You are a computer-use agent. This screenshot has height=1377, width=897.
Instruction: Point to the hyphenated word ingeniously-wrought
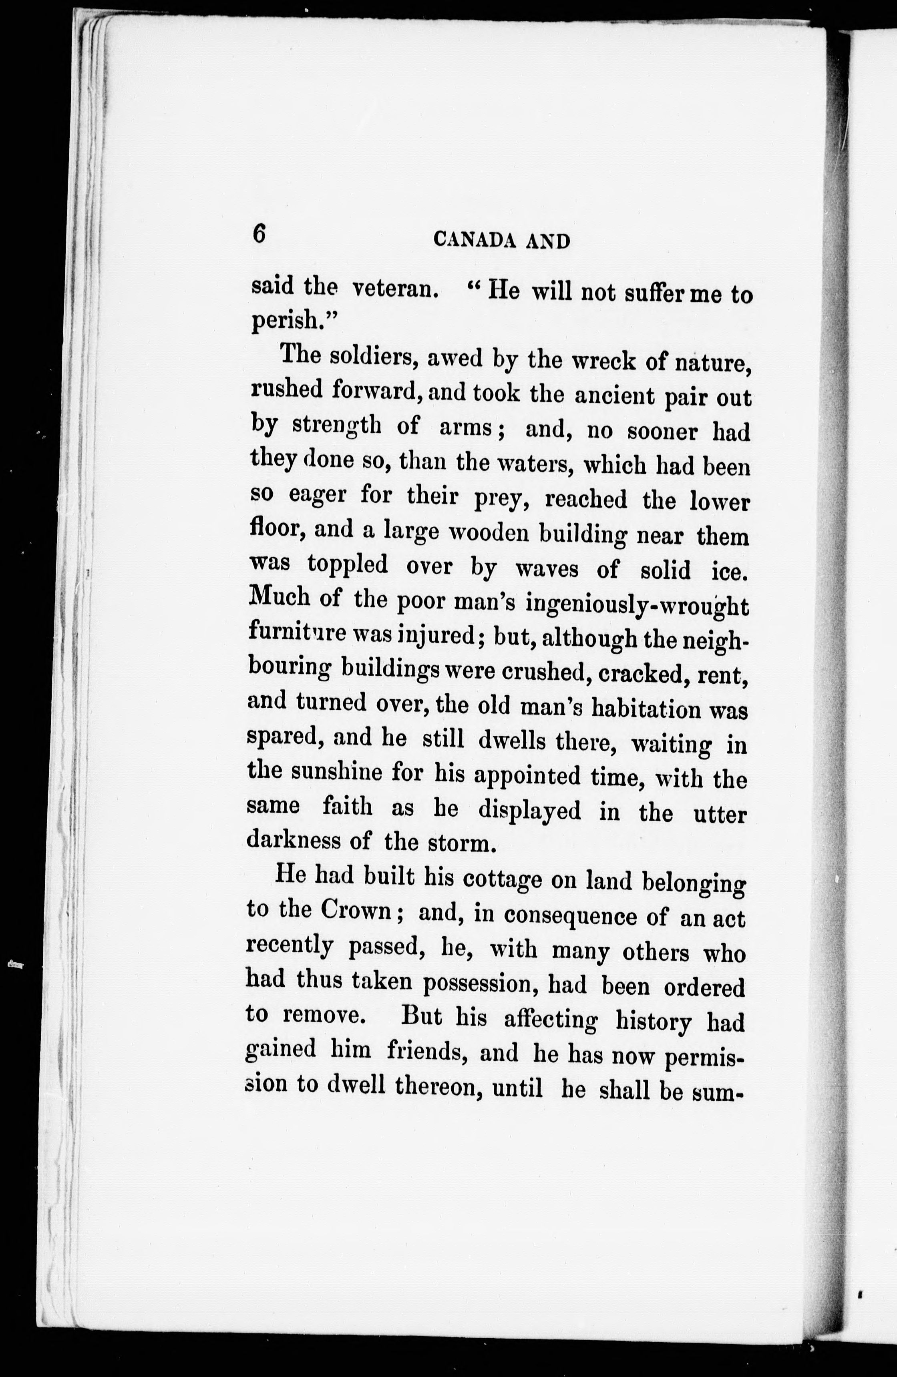(637, 605)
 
